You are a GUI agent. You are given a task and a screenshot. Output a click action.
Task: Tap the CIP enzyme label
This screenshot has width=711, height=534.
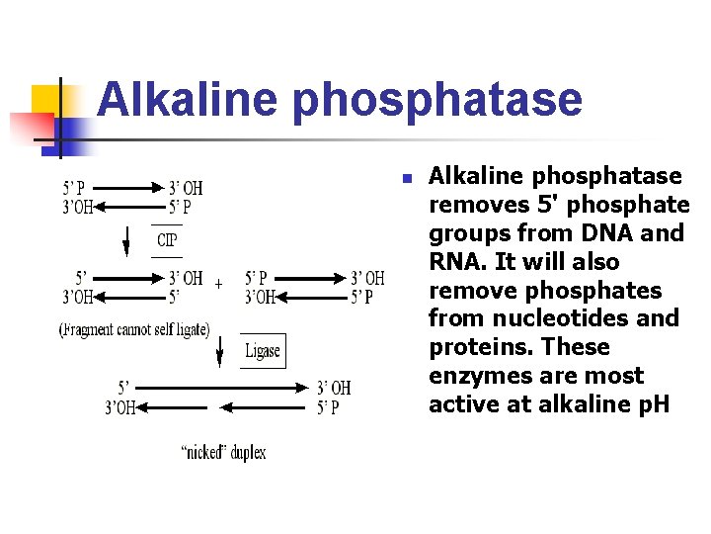point(168,240)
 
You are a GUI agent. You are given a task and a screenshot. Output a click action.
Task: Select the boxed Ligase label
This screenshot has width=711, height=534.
point(263,351)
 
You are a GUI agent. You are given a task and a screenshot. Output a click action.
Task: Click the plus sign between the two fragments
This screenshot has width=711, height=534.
point(218,284)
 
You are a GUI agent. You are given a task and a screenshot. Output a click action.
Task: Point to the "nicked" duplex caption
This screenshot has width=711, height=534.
point(223,453)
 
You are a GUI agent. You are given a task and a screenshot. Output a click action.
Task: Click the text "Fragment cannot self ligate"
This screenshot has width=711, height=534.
point(134,329)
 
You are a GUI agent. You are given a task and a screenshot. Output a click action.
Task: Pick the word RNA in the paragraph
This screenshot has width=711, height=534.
point(457,262)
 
